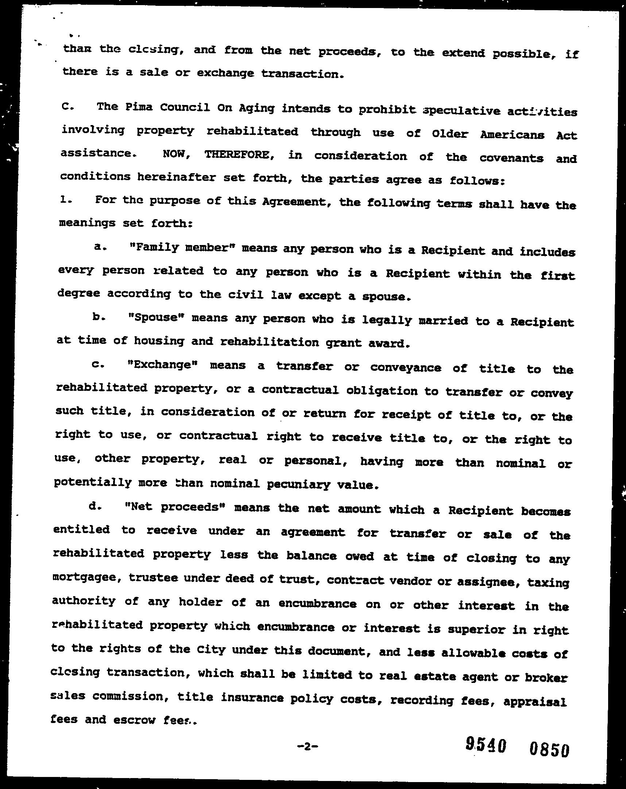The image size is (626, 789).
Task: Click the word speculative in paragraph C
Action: [x=461, y=110]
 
